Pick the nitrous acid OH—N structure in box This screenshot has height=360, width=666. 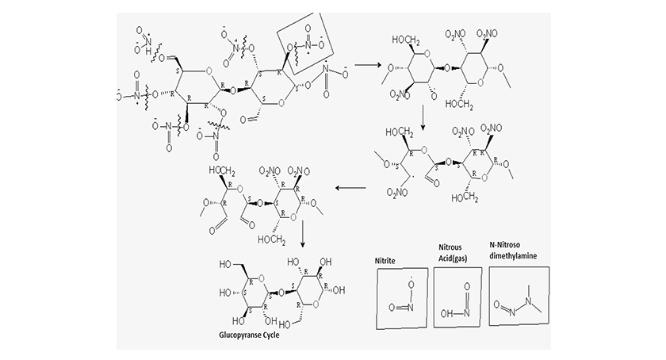coord(458,303)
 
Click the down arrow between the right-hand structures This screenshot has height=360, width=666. coord(425,119)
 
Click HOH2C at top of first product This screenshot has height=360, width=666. coord(405,37)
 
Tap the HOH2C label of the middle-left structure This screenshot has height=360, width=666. coord(224,170)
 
